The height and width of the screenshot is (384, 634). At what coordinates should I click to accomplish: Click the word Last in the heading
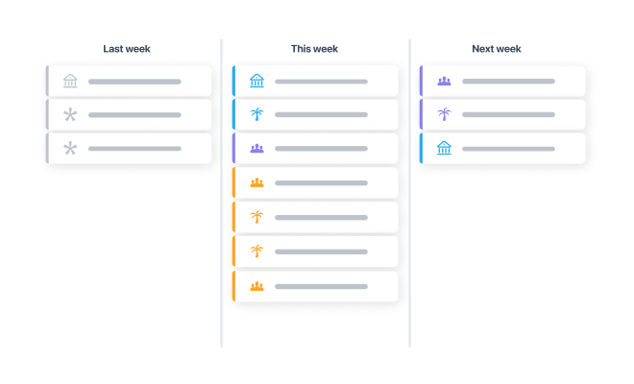112,49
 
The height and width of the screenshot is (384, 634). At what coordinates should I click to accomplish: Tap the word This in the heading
301,49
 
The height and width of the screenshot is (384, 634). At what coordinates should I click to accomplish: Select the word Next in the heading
483,49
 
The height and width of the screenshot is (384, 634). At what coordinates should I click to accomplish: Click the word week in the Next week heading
509,49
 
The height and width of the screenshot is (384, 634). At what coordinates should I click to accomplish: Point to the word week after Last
138,49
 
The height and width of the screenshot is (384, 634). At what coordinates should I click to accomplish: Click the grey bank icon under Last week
70,81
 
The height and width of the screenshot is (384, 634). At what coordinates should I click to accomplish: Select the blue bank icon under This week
256,81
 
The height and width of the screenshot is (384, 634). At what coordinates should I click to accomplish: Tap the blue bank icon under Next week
444,148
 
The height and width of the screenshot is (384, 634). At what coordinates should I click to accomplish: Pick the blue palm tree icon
256,114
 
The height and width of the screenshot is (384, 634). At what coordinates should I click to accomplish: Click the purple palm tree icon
444,114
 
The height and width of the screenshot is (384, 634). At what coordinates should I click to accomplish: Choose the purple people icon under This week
256,149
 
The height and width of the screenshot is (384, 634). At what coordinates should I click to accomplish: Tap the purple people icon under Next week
444,82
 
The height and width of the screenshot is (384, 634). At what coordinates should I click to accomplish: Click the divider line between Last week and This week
221,193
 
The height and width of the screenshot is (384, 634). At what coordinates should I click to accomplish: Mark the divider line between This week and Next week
409,193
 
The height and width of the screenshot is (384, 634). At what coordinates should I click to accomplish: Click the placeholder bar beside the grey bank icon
134,82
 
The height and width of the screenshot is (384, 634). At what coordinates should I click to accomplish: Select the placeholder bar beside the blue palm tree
321,115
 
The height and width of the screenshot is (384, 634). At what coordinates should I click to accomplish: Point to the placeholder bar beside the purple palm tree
508,115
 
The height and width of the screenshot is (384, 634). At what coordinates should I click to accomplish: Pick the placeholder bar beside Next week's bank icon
508,149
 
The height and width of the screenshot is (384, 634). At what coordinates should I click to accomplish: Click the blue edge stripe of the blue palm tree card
233,115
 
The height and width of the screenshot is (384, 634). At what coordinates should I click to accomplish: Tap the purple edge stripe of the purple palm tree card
421,115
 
